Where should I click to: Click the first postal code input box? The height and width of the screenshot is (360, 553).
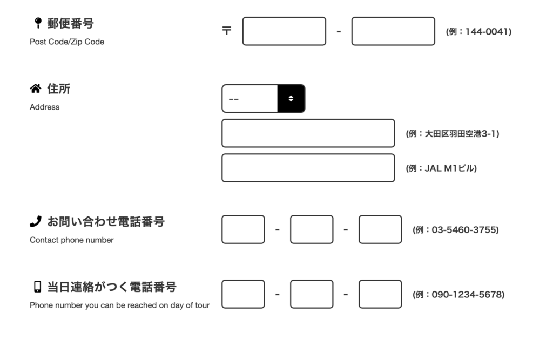coord(284,31)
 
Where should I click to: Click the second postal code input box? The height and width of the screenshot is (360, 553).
coord(393,31)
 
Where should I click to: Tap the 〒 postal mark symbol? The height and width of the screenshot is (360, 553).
coord(227,31)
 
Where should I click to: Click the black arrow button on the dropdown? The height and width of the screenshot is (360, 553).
coord(291,99)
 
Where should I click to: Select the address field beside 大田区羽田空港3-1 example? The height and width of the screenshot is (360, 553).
coord(308,133)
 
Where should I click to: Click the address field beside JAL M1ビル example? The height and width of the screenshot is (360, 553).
coord(308,168)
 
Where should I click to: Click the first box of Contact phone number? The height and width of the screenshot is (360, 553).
coord(244,229)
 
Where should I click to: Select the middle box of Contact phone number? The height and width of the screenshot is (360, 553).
coord(312,229)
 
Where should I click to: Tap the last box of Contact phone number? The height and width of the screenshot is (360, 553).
coord(380,229)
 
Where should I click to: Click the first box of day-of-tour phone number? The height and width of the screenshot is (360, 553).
coord(244,294)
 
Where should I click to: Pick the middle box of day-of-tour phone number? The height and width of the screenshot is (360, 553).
coord(312,294)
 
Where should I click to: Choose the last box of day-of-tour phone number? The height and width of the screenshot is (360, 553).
coord(380,294)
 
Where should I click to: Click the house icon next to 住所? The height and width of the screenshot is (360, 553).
coord(36,89)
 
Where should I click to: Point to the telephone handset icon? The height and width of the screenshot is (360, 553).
coord(36,221)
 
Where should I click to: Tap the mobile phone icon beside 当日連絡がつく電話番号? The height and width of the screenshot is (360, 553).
coord(37,287)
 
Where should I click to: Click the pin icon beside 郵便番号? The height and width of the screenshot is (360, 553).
coord(38,23)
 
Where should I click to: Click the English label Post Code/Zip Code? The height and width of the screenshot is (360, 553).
coord(67,42)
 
